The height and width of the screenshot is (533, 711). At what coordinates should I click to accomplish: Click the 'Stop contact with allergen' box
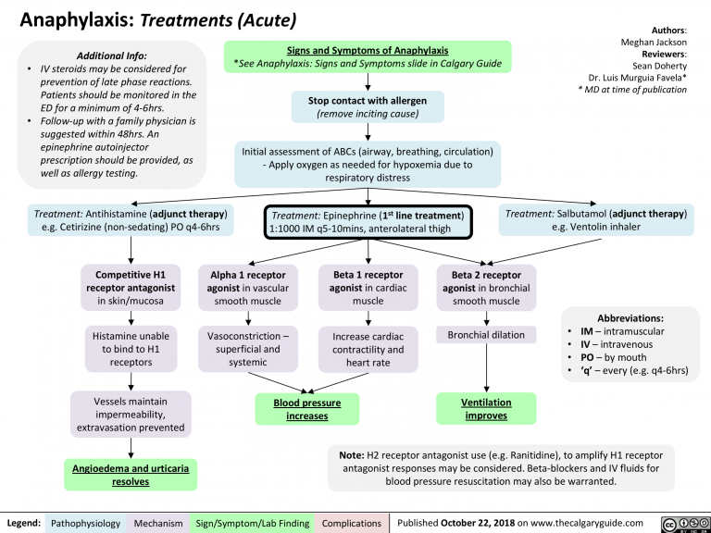[x=368, y=106]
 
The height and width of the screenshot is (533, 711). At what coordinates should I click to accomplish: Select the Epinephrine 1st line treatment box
[x=369, y=221]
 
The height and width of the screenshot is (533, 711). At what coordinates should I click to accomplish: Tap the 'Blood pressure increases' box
[x=306, y=409]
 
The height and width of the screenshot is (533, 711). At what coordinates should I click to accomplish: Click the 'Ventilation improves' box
[x=486, y=409]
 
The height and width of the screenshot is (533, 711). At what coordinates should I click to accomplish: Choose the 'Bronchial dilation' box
[x=486, y=335]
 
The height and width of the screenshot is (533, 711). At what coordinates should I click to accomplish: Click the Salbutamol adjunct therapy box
[x=596, y=219]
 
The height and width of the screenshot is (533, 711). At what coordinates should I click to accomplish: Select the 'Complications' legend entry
[x=351, y=523]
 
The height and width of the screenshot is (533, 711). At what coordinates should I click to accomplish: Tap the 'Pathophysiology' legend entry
[x=84, y=523]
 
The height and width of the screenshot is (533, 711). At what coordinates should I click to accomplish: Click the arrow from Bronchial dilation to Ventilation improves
[x=486, y=367]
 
